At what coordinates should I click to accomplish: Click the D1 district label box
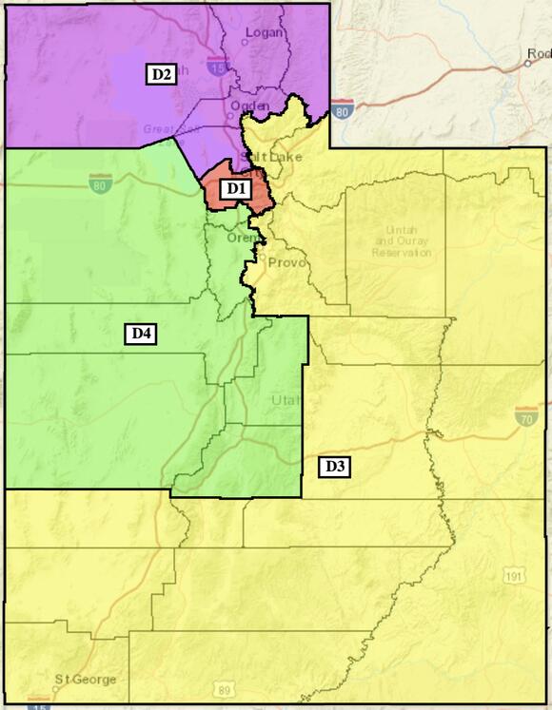click(235, 189)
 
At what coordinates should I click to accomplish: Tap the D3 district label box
click(335, 466)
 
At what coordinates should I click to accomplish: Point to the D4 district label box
click(142, 333)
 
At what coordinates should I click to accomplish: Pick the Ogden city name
click(249, 106)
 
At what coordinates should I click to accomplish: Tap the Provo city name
click(286, 262)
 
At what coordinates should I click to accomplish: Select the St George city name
click(86, 680)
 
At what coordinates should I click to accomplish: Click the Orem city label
click(240, 238)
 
